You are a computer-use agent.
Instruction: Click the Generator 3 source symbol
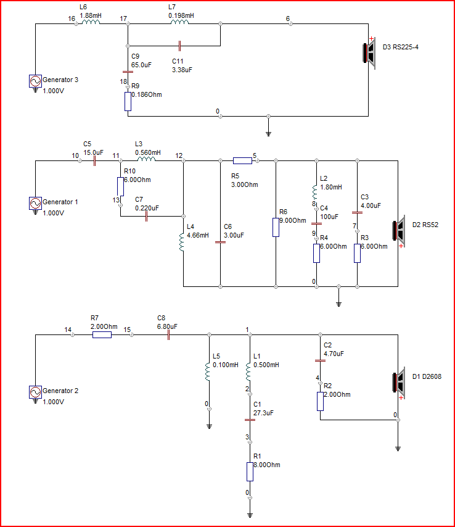pos(35,81)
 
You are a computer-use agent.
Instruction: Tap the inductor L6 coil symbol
pos(91,22)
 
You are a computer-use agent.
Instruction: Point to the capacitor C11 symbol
pos(179,46)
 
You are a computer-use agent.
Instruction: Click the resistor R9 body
pos(128,101)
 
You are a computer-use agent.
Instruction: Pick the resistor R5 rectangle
pos(242,160)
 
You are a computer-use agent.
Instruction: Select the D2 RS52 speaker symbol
pos(398,231)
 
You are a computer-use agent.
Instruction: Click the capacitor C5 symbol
pos(95,160)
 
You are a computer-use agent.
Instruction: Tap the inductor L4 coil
pos(182,243)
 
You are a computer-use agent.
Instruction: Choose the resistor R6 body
pos(276,227)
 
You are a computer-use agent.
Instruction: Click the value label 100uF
pos(329,217)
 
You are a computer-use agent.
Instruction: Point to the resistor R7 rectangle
pos(102,334)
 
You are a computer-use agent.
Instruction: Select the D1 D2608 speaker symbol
pos(398,383)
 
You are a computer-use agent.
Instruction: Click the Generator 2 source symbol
pos(35,392)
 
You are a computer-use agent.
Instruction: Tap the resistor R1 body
pos(250,471)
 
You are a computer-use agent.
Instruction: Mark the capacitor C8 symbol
pos(168,334)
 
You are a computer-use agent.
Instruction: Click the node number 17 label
pos(123,19)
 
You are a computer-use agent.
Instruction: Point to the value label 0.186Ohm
pos(147,95)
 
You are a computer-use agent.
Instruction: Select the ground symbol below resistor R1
pos(250,515)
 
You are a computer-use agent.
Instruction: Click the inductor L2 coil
pos(314,192)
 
